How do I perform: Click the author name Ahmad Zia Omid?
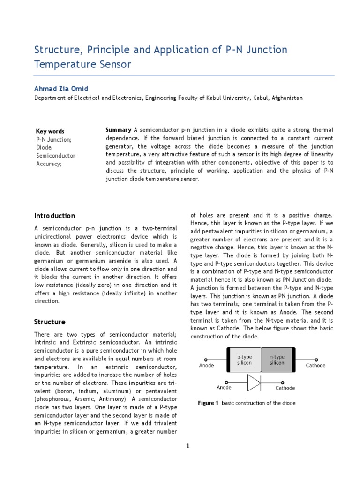click(60, 89)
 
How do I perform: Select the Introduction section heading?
click(54, 216)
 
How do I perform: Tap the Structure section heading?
click(50, 322)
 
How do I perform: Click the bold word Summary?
click(119, 130)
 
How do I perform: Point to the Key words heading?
click(50, 131)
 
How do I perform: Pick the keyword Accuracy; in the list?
click(49, 164)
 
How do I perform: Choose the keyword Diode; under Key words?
click(44, 147)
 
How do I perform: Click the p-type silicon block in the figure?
click(244, 360)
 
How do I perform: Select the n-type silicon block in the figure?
click(277, 360)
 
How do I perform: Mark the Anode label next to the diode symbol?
click(224, 388)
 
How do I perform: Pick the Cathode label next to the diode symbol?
click(285, 388)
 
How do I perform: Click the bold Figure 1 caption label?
click(208, 403)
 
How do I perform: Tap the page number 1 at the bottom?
click(187, 446)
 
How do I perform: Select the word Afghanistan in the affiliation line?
click(287, 98)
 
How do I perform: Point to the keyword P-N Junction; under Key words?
click(54, 139)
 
